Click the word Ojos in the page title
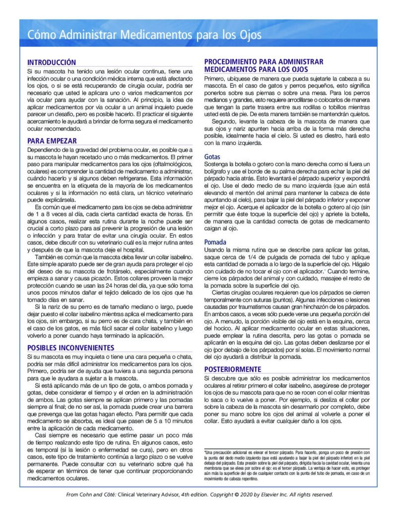(x=249, y=35)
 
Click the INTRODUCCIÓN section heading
(x=52, y=63)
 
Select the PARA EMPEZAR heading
(x=52, y=141)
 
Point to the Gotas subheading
(x=212, y=157)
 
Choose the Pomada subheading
(x=215, y=242)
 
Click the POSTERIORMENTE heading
(x=233, y=369)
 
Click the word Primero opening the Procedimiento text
(x=216, y=78)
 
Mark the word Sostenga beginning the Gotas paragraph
(x=218, y=164)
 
